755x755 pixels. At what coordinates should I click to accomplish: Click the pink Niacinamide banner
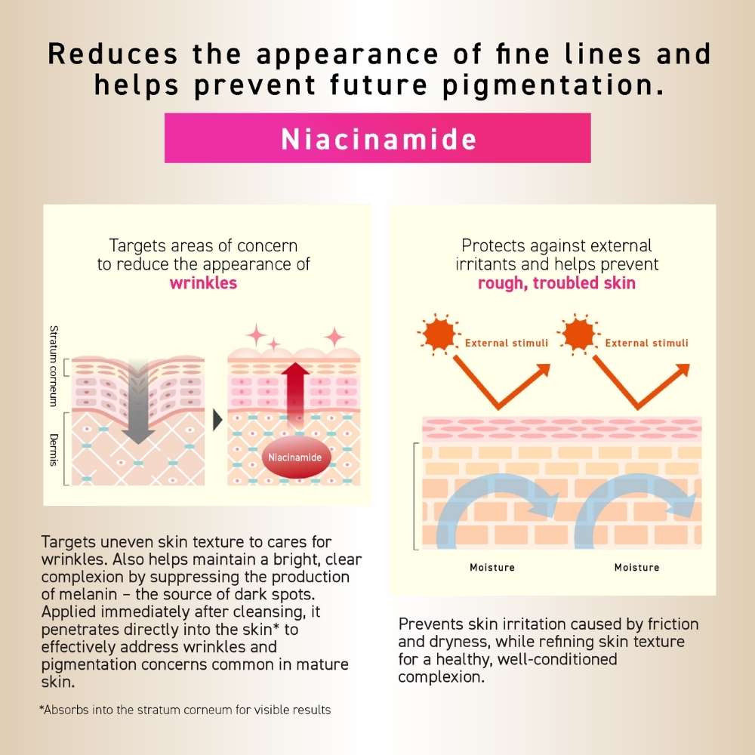(377, 138)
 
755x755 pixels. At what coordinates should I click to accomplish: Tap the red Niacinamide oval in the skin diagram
(296, 457)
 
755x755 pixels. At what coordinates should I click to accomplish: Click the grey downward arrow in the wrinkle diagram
(138, 402)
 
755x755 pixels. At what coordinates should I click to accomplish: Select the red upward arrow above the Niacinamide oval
(295, 393)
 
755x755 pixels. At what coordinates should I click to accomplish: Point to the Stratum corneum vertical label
(54, 366)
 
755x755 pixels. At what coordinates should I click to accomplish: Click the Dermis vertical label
(54, 450)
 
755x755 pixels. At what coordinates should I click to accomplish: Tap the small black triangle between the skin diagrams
(217, 419)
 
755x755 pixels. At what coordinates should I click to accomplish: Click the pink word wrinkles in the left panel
(203, 282)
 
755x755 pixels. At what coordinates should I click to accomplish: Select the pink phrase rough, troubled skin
(556, 282)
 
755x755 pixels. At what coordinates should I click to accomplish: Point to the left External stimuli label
(507, 343)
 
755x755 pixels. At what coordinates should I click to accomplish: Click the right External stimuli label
(647, 343)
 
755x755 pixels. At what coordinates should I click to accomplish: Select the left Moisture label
(492, 567)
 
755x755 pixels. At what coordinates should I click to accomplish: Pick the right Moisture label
(636, 567)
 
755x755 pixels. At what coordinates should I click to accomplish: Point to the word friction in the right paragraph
(673, 624)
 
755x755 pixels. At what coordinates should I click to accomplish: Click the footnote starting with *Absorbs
(185, 710)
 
